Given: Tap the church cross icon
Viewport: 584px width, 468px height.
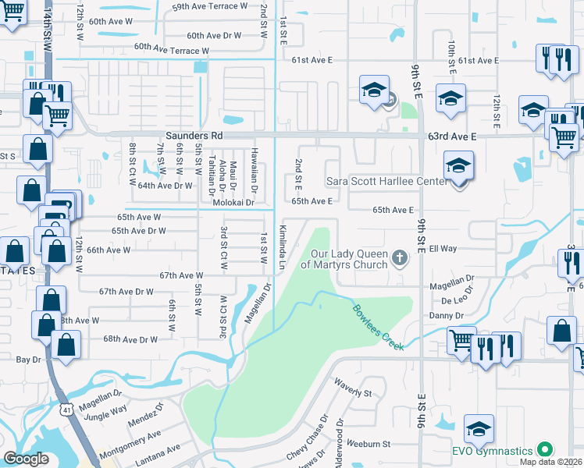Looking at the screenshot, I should (399, 257).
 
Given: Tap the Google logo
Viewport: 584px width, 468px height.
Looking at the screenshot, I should (26, 459).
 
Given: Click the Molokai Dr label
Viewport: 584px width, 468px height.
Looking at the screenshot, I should (234, 203).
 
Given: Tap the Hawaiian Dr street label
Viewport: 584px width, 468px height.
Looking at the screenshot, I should (254, 165).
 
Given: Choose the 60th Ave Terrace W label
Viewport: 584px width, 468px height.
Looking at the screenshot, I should (172, 48).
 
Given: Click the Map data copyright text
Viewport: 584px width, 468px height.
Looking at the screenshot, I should (550, 462).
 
